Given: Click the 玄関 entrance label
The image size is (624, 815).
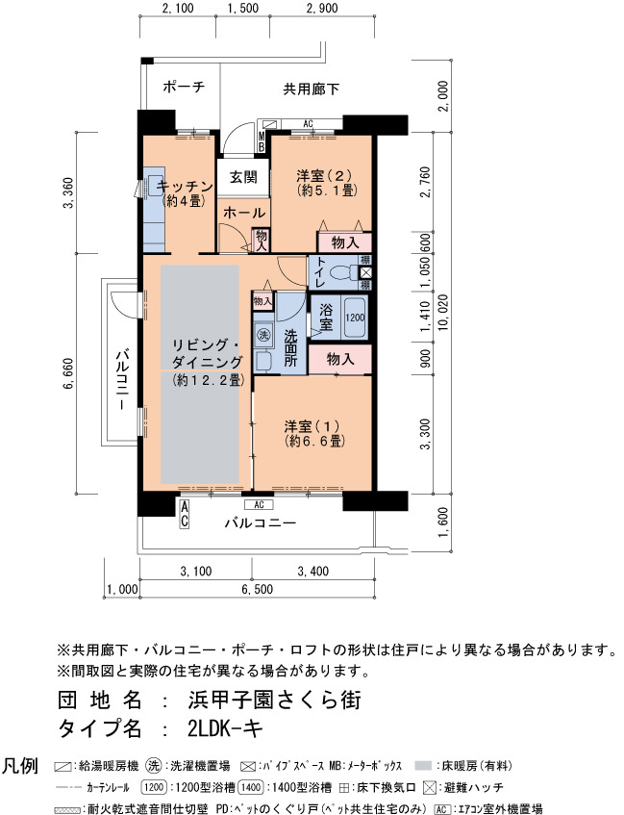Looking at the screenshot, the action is [243, 177].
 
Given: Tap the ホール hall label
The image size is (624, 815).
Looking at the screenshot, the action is [244, 213].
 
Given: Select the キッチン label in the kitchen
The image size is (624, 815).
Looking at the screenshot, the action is [185, 186].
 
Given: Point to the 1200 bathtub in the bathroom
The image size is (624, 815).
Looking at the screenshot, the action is [355, 318].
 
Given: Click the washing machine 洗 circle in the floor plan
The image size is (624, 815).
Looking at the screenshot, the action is [264, 335].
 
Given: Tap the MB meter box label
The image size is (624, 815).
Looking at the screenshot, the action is [262, 141].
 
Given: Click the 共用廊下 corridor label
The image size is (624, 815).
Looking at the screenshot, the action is [312, 89].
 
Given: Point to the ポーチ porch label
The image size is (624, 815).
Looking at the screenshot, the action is [184, 87].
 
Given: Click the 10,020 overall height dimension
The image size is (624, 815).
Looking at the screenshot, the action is [443, 313].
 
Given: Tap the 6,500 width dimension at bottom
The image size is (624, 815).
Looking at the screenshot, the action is [257, 590].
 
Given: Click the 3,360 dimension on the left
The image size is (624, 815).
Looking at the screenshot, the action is [68, 192].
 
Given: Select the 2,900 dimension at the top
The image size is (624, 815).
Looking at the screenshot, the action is [322, 9].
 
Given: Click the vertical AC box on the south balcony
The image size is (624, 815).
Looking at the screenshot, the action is [184, 514].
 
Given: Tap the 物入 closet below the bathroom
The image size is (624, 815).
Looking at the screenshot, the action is [340, 359].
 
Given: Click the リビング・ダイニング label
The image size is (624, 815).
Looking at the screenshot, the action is [208, 353].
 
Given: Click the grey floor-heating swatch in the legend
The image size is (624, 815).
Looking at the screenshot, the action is [424, 766].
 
